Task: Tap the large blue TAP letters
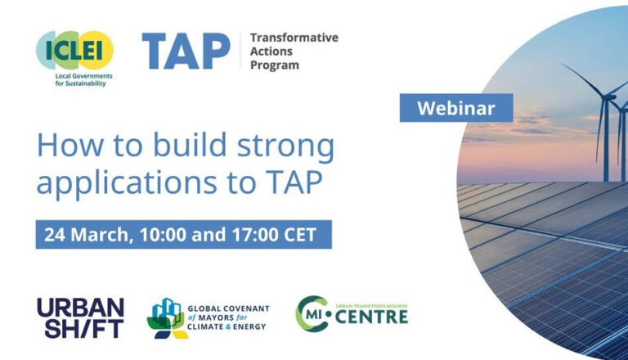[x=186, y=51]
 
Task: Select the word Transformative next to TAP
[x=294, y=38]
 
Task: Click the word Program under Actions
[x=274, y=65]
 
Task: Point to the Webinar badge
[x=456, y=107]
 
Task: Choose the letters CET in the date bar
[x=303, y=234]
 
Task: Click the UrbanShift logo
[x=80, y=318]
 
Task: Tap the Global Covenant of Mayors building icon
[x=167, y=318]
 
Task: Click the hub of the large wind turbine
[x=609, y=97]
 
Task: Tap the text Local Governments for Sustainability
[x=74, y=79]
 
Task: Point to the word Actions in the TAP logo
[x=271, y=51]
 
